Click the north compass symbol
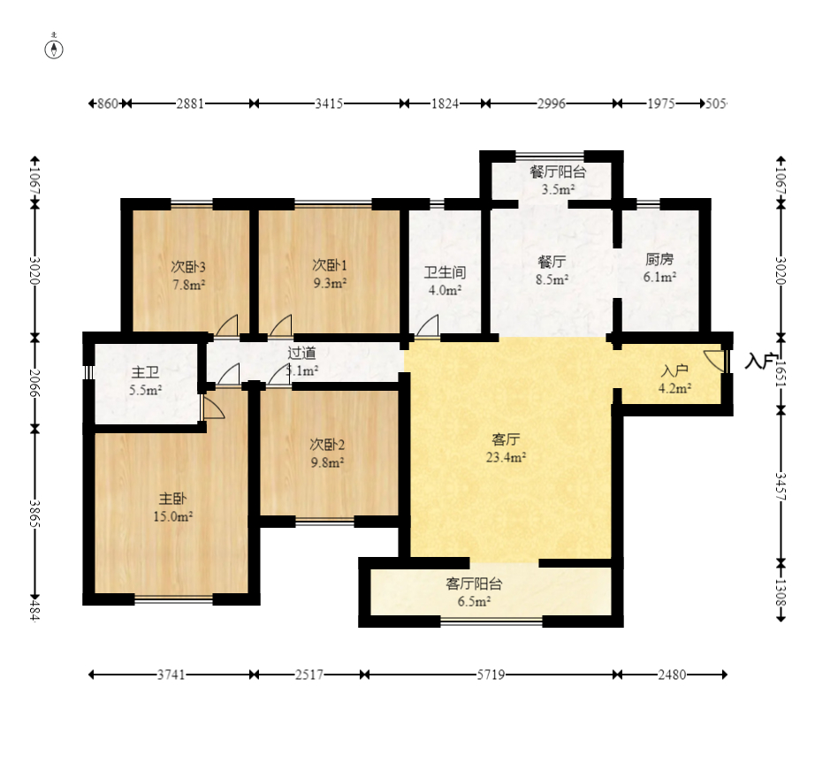click(x=55, y=48)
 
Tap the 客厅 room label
click(x=506, y=439)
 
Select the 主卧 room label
click(x=171, y=500)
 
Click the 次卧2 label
click(x=326, y=443)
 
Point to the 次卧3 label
click(x=187, y=266)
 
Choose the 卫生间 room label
click(x=444, y=272)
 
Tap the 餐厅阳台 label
click(x=558, y=172)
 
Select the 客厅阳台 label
click(x=474, y=583)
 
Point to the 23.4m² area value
click(x=506, y=457)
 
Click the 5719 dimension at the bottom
click(x=491, y=675)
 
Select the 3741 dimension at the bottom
click(x=171, y=675)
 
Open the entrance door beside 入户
click(x=715, y=360)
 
